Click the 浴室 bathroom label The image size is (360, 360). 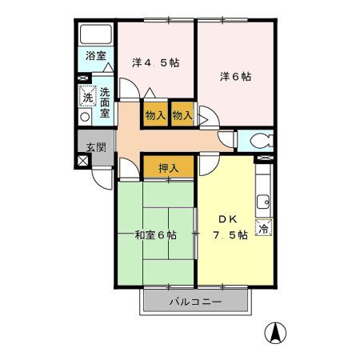coord(96,57)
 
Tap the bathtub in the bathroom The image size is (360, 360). coord(96,35)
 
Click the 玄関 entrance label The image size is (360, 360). coord(96,146)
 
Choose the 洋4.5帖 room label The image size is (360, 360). coord(156,61)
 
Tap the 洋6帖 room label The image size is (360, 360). coord(236,77)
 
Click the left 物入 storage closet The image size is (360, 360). coord(155,115)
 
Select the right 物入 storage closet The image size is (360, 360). coord(182,115)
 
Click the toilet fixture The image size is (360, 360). coord(258,142)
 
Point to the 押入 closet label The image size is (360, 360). coord(168,168)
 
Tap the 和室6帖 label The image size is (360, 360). coord(156,235)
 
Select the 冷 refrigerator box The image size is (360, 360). coord(263,228)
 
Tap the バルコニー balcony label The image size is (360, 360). coord(195,302)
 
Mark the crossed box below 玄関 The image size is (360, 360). coord(83,160)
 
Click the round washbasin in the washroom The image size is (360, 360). coord(85,117)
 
